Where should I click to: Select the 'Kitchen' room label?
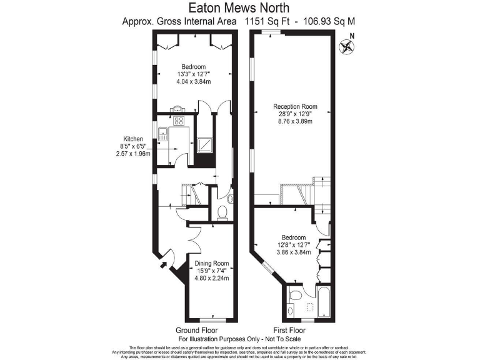(x=133, y=139)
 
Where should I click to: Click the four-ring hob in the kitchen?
(x=179, y=121)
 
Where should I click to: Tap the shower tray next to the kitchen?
(x=204, y=146)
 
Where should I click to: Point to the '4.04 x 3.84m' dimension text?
(x=193, y=82)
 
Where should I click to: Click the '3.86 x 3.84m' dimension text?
(x=293, y=252)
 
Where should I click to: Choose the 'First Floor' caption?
(x=289, y=329)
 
